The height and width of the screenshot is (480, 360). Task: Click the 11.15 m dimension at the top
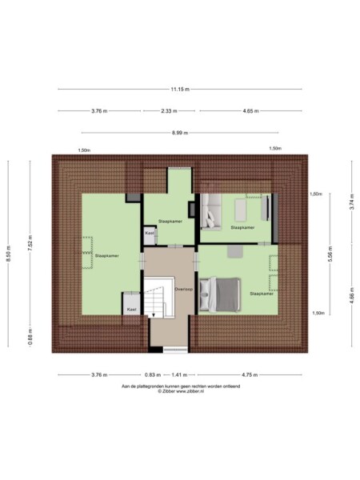pos(180,89)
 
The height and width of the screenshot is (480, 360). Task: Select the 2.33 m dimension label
pos(169,111)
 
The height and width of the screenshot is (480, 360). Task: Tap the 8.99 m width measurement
pos(180,133)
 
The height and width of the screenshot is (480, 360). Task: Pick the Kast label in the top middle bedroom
pos(150,234)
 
